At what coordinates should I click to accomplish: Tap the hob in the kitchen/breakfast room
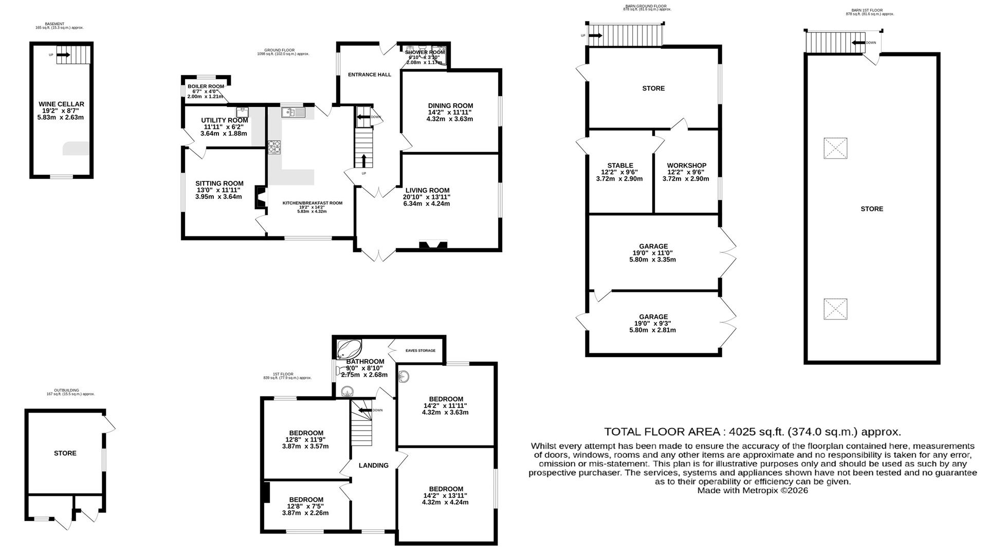[x=273, y=147]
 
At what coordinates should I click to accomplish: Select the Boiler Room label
[x=206, y=86]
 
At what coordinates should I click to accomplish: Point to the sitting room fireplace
[x=260, y=197]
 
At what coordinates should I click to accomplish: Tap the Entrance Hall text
[x=369, y=75]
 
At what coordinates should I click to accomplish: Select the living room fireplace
[x=433, y=245]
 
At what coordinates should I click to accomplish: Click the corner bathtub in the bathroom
[x=348, y=349]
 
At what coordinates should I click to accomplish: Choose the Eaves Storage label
[x=420, y=350]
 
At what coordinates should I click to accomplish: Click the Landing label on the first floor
[x=373, y=466]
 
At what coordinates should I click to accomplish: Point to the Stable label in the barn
[x=620, y=165]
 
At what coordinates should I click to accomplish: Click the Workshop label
[x=686, y=165]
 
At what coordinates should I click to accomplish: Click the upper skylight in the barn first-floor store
[x=835, y=148]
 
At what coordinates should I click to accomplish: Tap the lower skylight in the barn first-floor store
[x=835, y=309]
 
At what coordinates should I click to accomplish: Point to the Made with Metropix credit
[x=752, y=490]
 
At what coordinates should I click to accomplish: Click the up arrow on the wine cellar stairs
[x=64, y=54]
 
